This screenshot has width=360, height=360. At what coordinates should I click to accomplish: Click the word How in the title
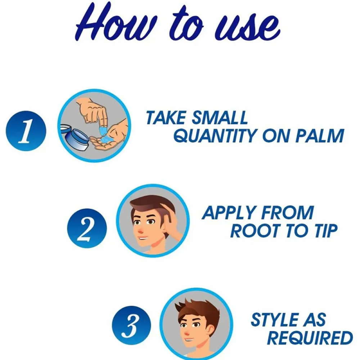click(x=112, y=23)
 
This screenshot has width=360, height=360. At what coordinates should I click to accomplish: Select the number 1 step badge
click(x=26, y=131)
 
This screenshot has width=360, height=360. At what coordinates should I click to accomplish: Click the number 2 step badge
click(x=87, y=228)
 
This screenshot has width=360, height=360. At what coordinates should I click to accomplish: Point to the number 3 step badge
click(x=131, y=325)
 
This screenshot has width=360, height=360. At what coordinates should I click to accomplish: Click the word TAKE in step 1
click(x=166, y=117)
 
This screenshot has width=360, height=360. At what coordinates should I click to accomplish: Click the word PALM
click(x=319, y=136)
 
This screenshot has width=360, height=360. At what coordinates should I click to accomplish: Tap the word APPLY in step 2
click(x=230, y=212)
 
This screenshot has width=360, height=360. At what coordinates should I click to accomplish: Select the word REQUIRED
click(x=310, y=338)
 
